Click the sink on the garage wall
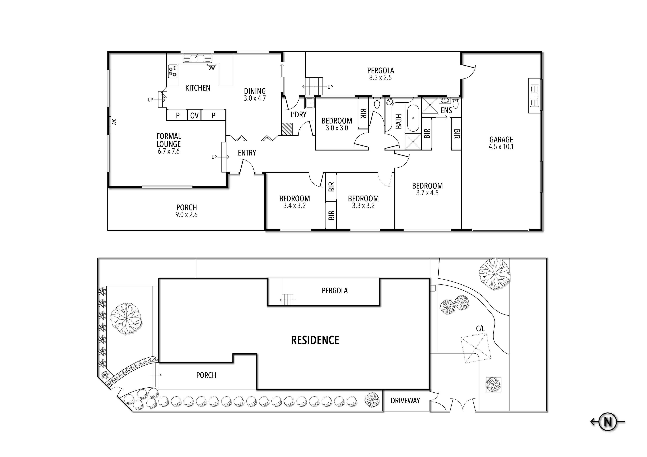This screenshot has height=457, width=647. click(534, 96)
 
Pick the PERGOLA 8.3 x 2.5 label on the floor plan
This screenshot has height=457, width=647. click(380, 74)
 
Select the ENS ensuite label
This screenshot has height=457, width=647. click(446, 111)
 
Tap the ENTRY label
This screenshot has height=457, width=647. click(247, 153)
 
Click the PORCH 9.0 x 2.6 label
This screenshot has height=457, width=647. click(186, 211)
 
